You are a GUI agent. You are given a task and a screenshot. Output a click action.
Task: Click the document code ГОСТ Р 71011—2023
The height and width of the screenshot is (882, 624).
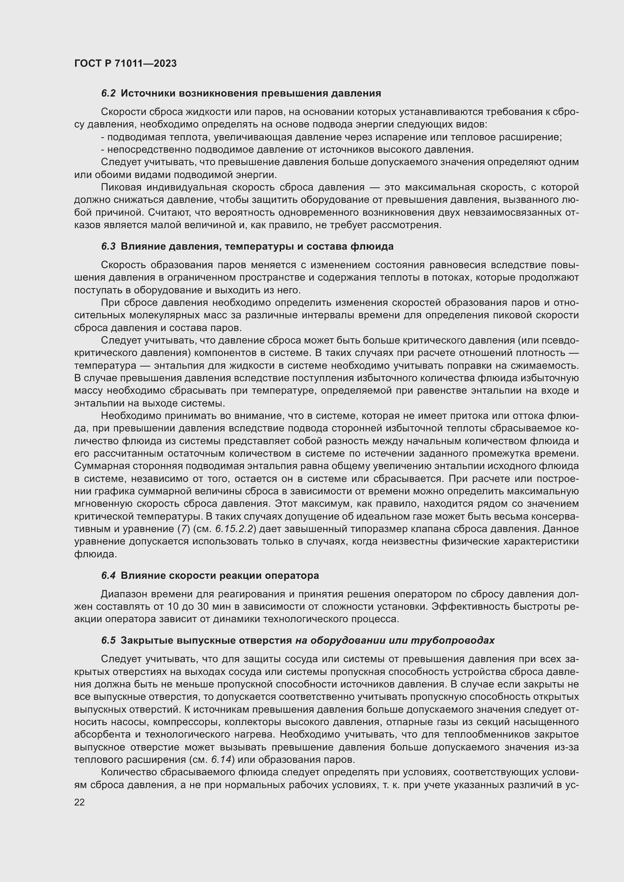click(x=125, y=63)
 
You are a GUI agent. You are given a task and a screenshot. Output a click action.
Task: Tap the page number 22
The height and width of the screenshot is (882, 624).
click(x=80, y=802)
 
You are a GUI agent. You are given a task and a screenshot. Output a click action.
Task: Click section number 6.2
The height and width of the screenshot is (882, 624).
click(x=108, y=94)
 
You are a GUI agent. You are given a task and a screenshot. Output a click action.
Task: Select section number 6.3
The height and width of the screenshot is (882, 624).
click(x=108, y=246)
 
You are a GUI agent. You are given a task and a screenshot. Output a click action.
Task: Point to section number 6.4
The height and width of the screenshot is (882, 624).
click(x=108, y=575)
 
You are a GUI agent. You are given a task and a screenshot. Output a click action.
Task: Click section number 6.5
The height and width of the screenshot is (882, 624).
click(x=108, y=640)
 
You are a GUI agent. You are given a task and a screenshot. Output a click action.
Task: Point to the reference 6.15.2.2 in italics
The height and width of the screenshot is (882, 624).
click(x=235, y=529)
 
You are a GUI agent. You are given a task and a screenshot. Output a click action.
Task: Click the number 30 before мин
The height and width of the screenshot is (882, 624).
click(x=203, y=607)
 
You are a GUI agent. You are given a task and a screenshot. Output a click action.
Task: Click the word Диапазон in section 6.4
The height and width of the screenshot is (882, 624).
click(x=124, y=594)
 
